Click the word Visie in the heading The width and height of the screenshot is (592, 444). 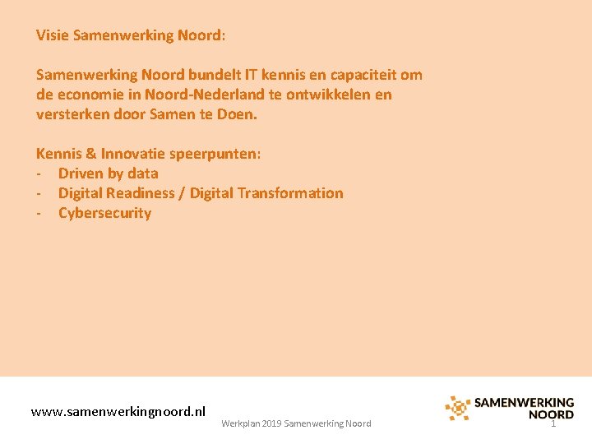pyautogui.click(x=53, y=35)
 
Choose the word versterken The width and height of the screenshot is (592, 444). pyautogui.click(x=71, y=114)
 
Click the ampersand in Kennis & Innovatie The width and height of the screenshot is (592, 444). pyautogui.click(x=90, y=154)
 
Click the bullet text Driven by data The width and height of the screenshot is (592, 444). pyautogui.click(x=108, y=173)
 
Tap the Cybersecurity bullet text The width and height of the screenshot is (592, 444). pyautogui.click(x=104, y=213)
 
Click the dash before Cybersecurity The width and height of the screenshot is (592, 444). pyautogui.click(x=39, y=214)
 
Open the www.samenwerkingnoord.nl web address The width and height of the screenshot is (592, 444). pyautogui.click(x=118, y=411)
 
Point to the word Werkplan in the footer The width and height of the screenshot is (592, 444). pyautogui.click(x=240, y=423)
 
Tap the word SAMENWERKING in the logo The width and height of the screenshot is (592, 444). pyautogui.click(x=524, y=403)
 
